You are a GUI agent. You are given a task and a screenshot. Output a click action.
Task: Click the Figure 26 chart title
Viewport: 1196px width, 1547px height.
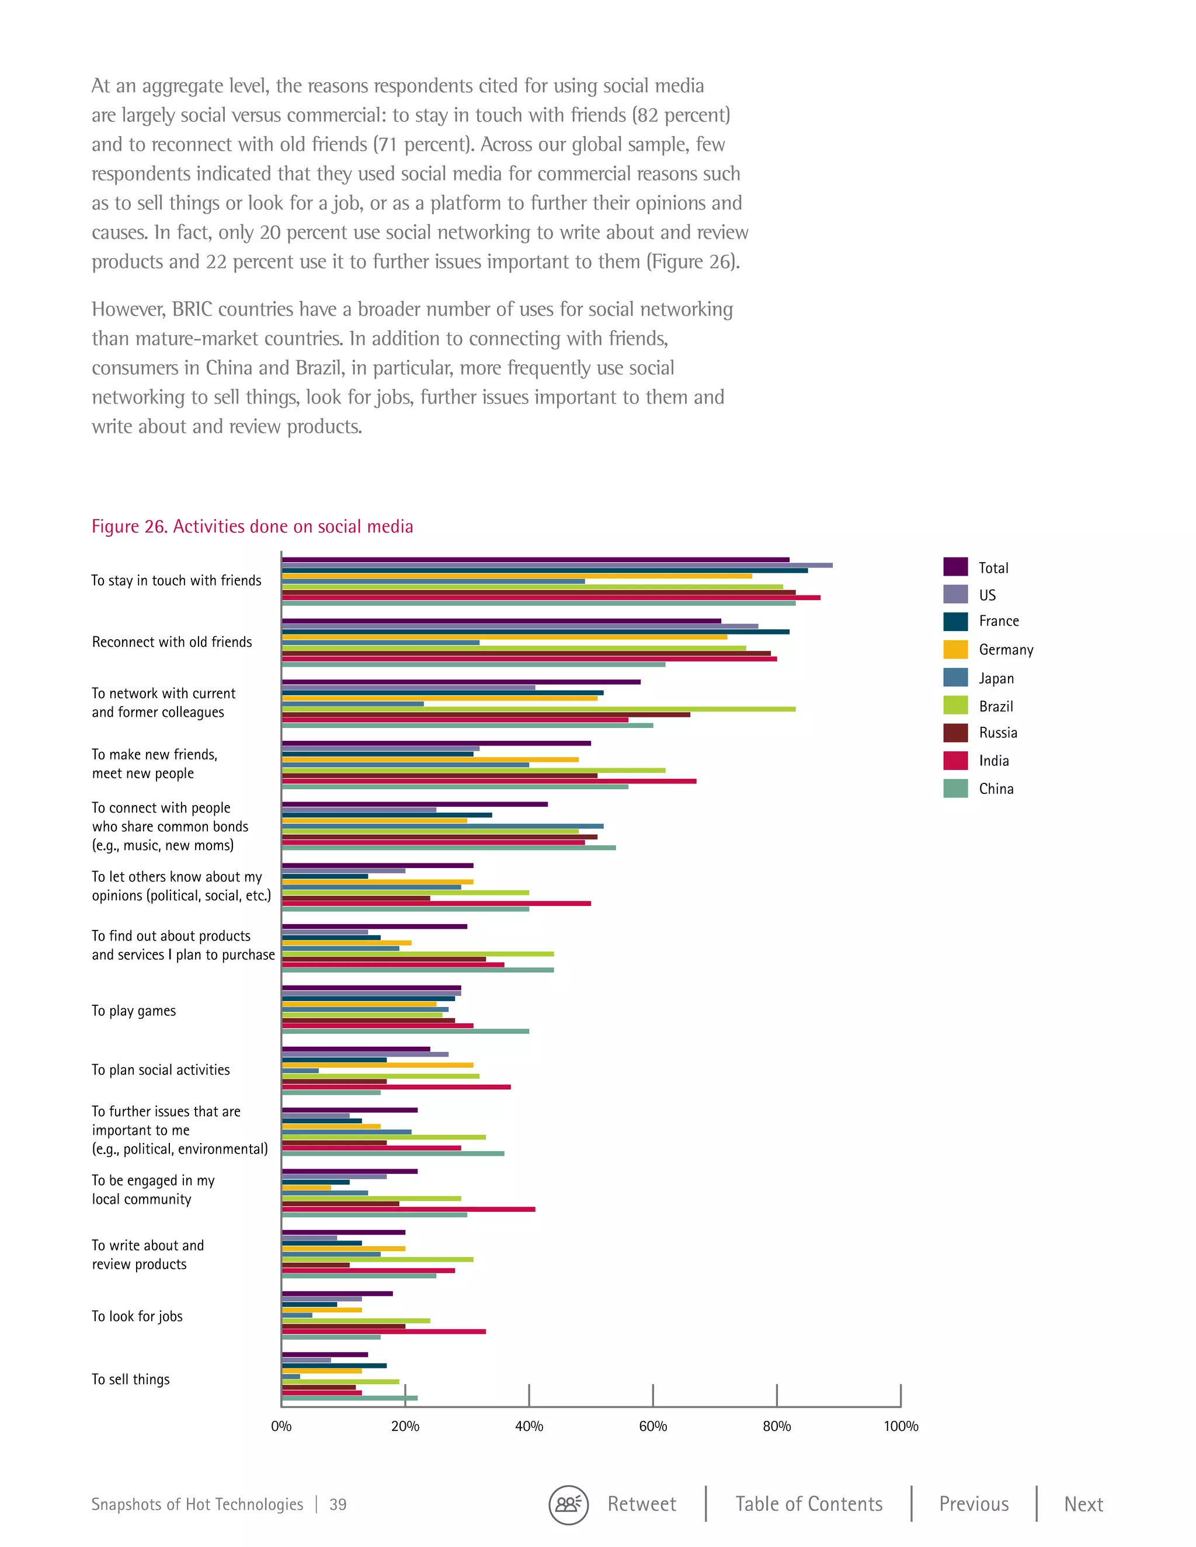(252, 527)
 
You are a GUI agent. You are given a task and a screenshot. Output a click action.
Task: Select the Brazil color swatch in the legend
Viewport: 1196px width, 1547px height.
(955, 706)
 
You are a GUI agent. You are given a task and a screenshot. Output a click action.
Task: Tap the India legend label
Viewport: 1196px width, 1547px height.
(993, 761)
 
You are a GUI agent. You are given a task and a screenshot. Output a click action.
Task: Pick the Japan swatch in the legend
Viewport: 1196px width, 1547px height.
(955, 678)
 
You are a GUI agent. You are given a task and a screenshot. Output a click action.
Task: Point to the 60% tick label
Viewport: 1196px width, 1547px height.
(652, 1426)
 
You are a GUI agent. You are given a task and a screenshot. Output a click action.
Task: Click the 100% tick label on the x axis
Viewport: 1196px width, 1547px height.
(900, 1426)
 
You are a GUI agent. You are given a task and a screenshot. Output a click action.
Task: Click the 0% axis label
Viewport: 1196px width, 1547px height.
(281, 1426)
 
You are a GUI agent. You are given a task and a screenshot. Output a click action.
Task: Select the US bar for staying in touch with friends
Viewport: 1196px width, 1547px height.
(557, 565)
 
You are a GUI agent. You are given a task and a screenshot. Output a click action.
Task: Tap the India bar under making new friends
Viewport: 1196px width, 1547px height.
(489, 781)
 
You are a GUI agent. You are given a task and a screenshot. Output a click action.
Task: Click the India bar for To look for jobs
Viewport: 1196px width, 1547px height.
(383, 1332)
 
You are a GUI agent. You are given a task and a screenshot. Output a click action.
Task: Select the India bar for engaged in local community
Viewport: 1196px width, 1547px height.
(408, 1209)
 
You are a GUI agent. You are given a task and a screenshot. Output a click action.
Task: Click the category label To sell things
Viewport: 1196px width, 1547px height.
(130, 1379)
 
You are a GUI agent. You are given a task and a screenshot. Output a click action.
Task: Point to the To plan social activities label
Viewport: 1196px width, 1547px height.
(161, 1069)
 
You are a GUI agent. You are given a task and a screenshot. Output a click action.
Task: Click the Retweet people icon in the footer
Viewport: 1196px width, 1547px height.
(568, 1505)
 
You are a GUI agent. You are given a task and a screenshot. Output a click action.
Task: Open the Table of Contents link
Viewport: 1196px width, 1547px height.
(808, 1504)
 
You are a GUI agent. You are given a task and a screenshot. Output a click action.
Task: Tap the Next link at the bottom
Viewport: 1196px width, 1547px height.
(1083, 1504)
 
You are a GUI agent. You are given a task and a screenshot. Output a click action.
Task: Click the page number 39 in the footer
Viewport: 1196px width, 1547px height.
(338, 1504)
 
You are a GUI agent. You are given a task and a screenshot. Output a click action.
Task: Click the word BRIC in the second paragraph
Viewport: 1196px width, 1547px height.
(192, 309)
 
